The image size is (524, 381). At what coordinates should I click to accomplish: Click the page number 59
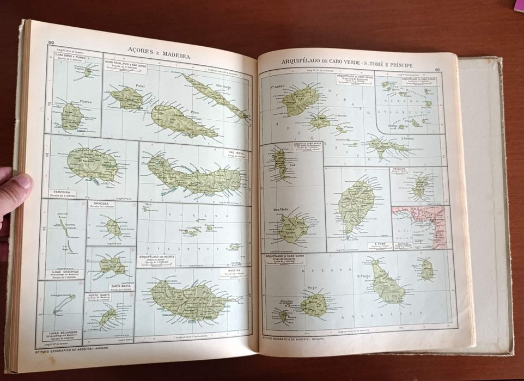pyautogui.click(x=51, y=43)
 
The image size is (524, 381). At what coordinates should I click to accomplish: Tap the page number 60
pyautogui.click(x=437, y=69)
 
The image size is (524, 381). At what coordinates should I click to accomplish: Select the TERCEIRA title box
pyautogui.click(x=62, y=193)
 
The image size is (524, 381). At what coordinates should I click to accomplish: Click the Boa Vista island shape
pyautogui.click(x=293, y=229)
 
